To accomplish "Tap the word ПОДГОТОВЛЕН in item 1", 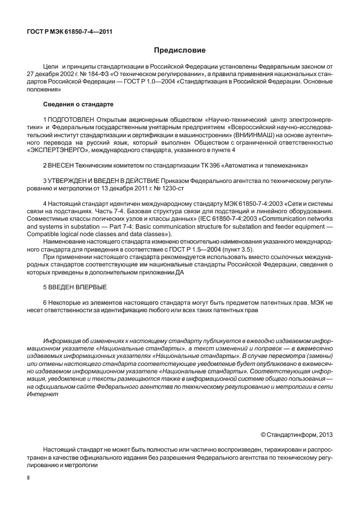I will click(x=71, y=118).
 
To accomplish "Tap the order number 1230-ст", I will click(x=191, y=189).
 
